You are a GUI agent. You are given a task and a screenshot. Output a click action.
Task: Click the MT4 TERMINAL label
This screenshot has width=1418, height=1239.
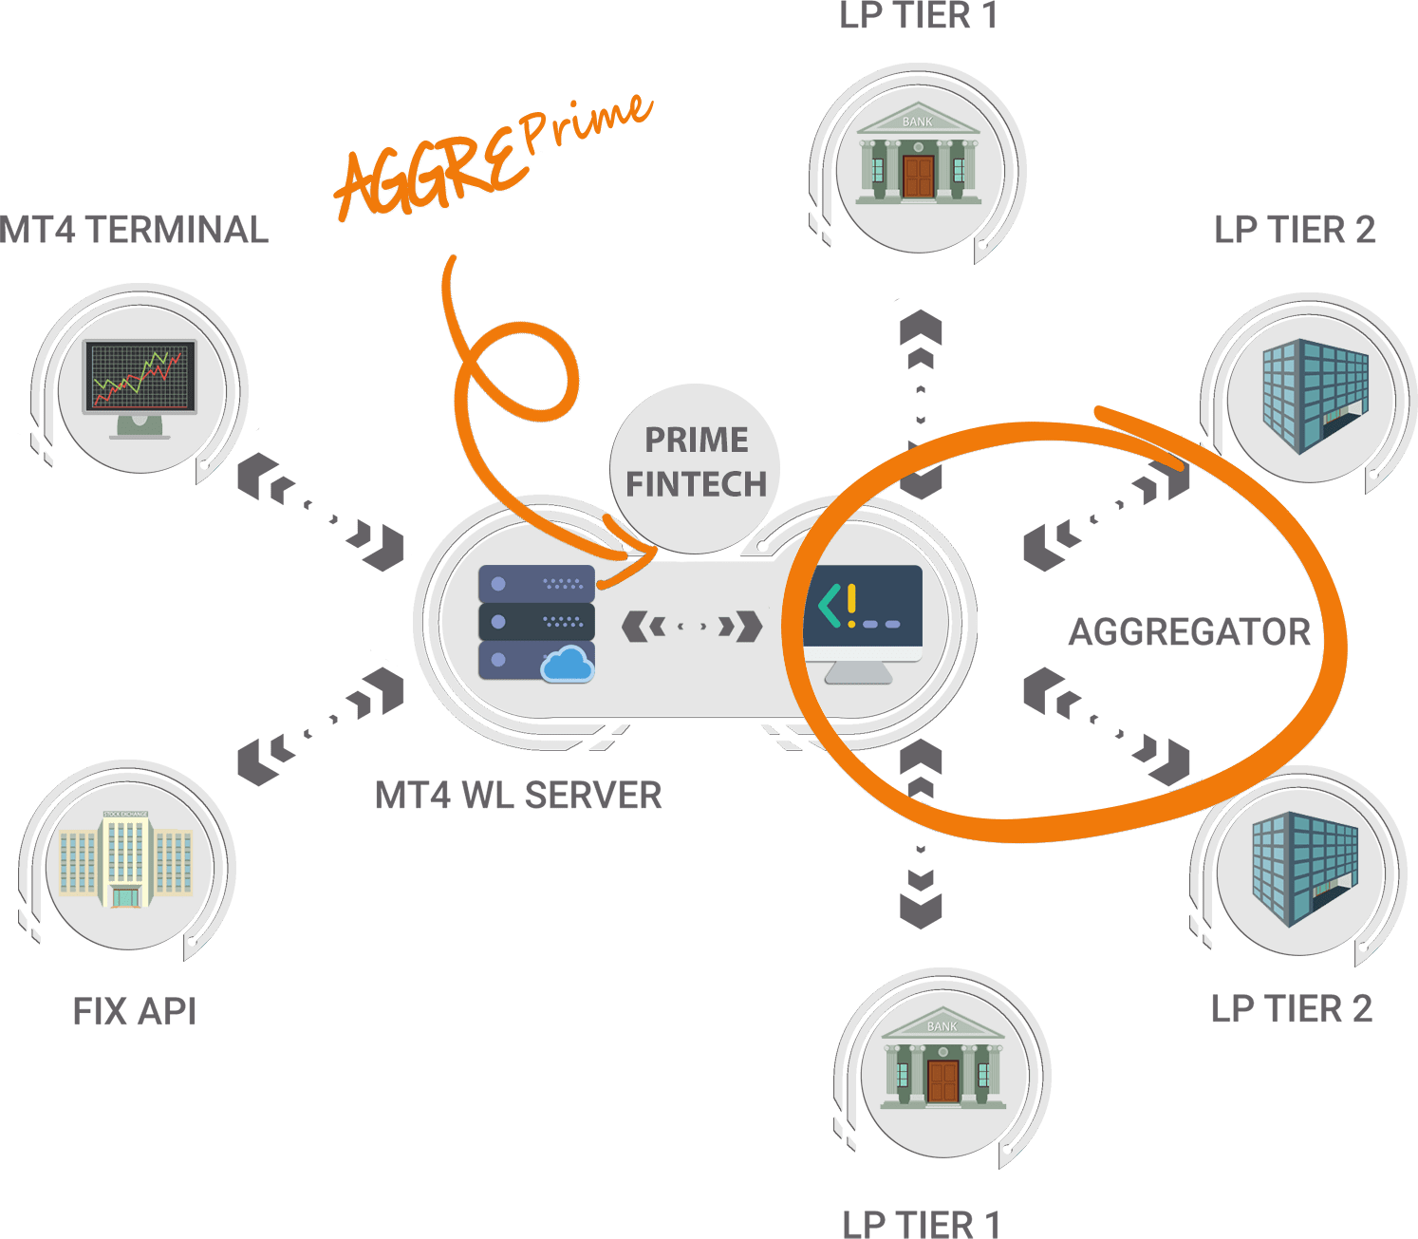(x=134, y=230)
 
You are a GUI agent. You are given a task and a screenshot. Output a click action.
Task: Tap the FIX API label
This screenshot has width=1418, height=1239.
(x=135, y=1011)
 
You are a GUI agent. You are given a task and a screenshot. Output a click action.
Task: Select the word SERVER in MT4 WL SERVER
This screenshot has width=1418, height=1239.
(x=592, y=796)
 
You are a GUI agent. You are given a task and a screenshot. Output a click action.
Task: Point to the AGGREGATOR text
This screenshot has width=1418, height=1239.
(x=1189, y=632)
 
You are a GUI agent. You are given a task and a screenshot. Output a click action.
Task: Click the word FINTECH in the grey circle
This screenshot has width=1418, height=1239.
(x=696, y=484)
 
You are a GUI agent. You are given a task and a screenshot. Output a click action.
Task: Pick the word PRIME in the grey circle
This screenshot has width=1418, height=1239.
(x=696, y=440)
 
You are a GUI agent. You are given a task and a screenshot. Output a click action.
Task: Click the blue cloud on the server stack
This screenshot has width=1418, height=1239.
(x=567, y=664)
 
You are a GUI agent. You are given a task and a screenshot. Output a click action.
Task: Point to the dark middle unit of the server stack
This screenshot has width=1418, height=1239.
(x=536, y=621)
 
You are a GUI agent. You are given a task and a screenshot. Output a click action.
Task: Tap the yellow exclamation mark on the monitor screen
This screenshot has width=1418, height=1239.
(x=851, y=606)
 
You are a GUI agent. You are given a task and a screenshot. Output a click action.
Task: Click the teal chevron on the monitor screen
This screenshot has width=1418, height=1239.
(x=829, y=606)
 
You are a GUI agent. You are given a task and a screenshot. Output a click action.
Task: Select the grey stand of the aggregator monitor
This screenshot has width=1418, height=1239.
(x=858, y=672)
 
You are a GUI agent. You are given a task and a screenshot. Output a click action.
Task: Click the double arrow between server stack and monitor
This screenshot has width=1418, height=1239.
(x=692, y=626)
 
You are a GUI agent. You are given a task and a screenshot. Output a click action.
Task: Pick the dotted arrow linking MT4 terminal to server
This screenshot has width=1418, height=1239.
(x=320, y=512)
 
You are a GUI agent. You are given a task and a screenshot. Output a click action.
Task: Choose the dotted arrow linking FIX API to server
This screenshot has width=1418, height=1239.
(x=320, y=726)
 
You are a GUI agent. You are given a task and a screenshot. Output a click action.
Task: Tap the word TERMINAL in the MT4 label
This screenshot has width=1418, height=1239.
(x=177, y=230)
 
